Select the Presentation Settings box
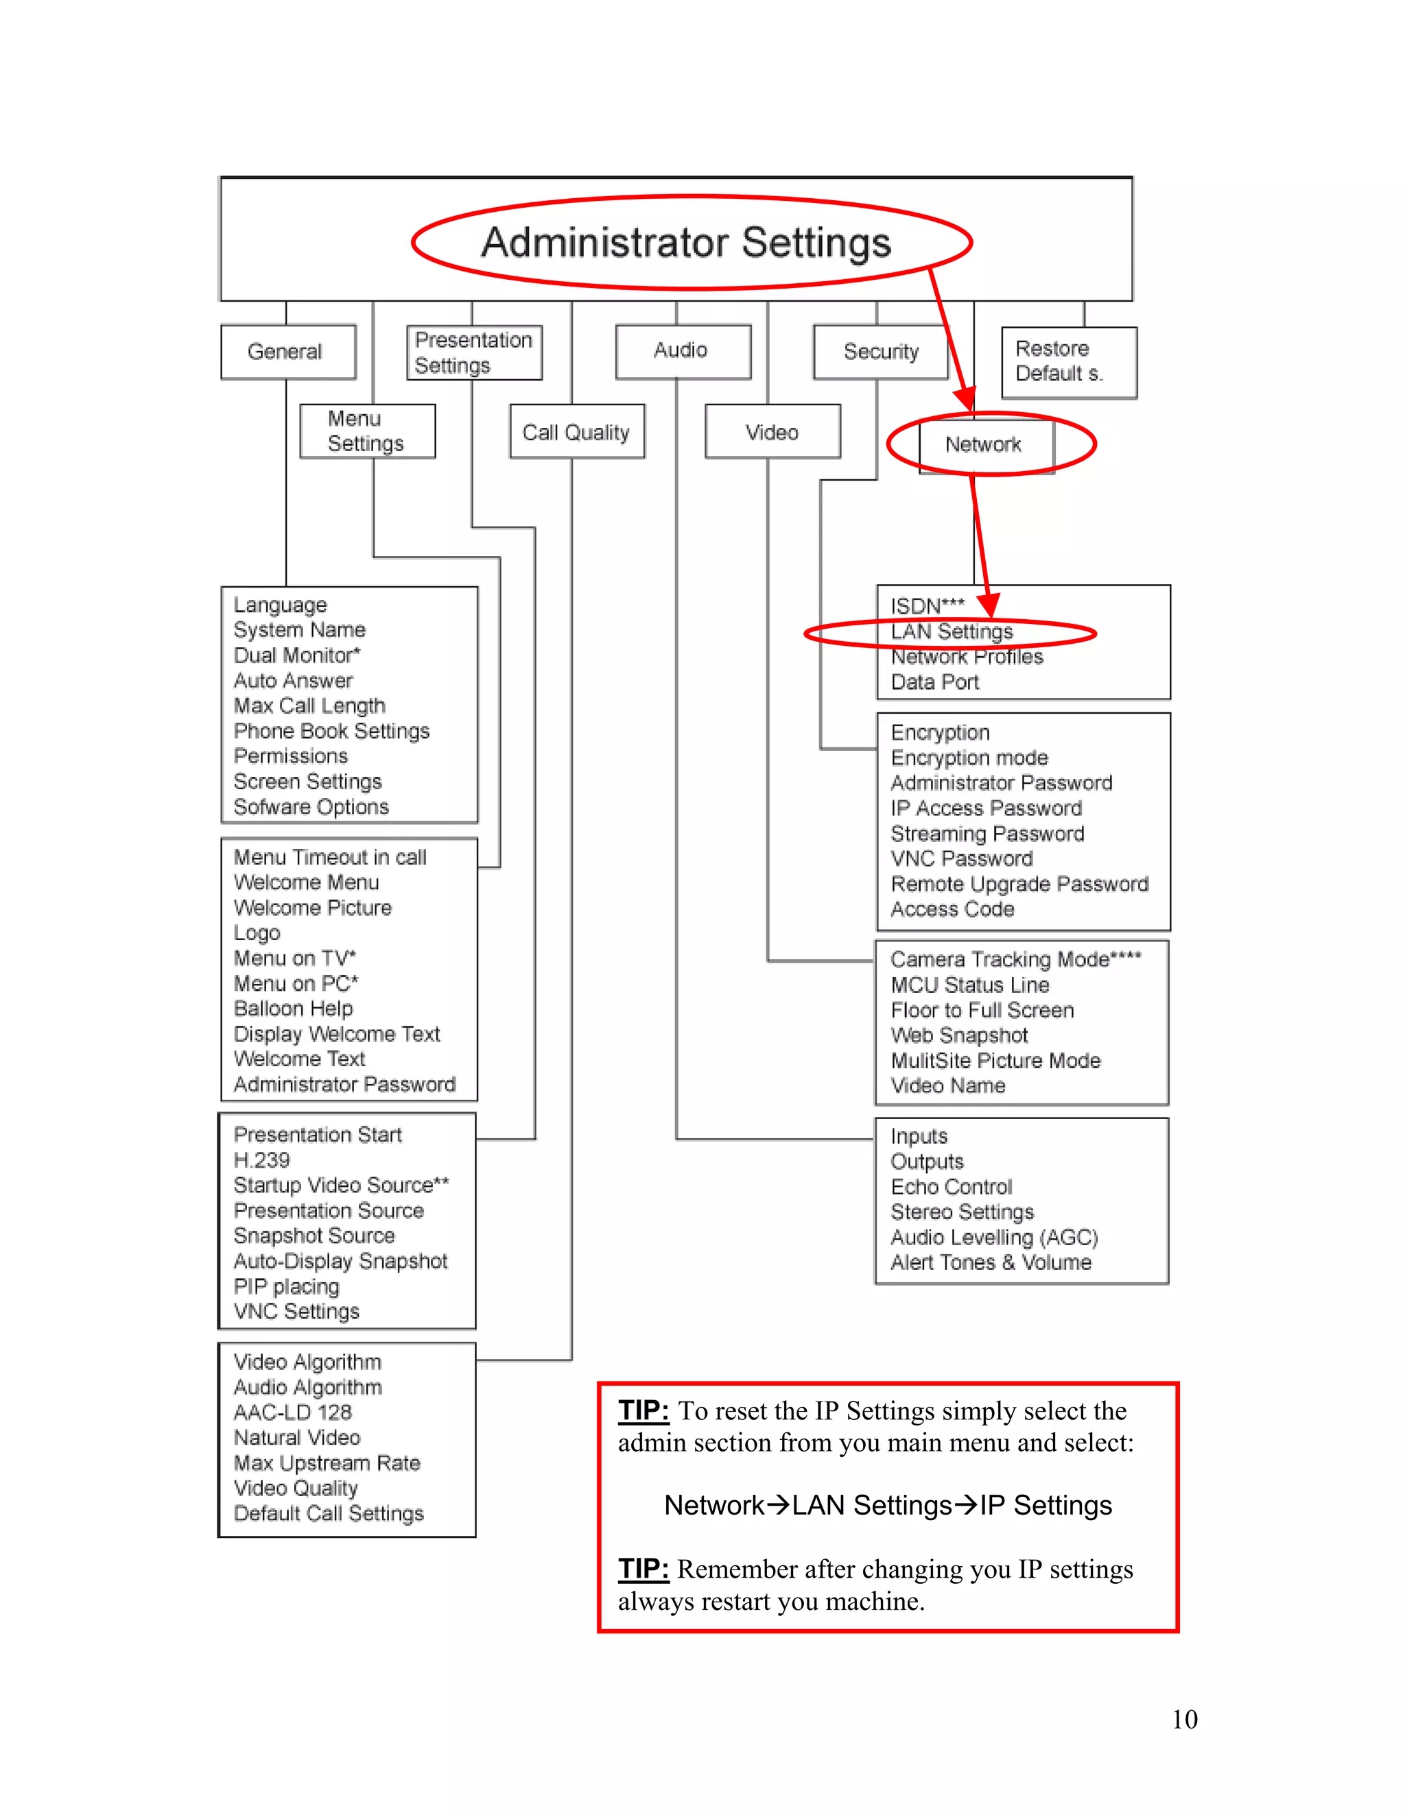point(473,352)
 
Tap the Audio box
point(682,351)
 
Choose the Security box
point(881,352)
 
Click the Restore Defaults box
point(1068,362)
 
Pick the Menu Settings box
point(367,431)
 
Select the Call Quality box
point(577,432)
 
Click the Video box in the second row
point(772,432)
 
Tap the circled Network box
point(984,444)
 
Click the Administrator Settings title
point(686,243)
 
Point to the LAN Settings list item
point(952,632)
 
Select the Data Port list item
point(935,682)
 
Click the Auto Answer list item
point(293,681)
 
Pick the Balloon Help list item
point(293,1009)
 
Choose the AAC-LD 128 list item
point(292,1412)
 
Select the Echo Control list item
point(952,1186)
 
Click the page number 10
point(1183,1719)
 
